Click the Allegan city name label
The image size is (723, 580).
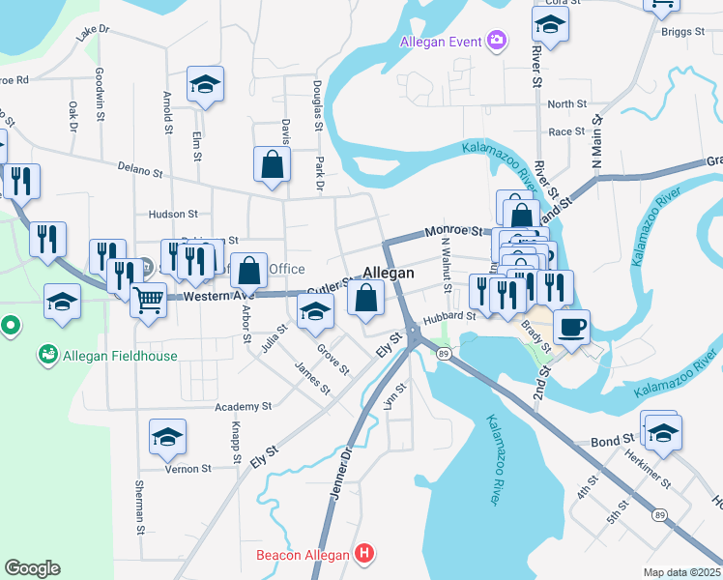click(389, 274)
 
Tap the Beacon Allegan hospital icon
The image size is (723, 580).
click(363, 555)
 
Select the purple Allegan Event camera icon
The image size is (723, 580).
click(497, 41)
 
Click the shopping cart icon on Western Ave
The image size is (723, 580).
click(148, 300)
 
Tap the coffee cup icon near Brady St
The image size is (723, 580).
click(570, 327)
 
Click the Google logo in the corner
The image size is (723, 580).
click(32, 568)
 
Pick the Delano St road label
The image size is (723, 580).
click(139, 171)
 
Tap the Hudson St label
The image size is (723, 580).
click(173, 214)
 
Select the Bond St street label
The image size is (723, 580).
click(612, 442)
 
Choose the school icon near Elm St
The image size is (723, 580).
click(205, 84)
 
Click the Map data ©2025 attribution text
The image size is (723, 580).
click(681, 572)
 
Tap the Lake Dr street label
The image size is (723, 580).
click(94, 33)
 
